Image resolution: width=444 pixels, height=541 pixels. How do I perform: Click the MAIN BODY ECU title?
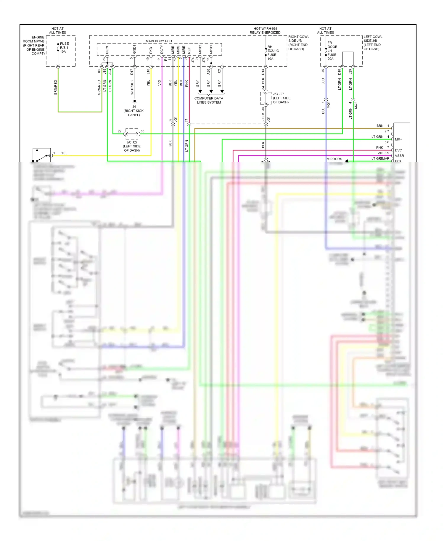159,41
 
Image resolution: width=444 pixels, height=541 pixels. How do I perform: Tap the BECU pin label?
107,49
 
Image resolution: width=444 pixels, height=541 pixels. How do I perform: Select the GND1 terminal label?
134,49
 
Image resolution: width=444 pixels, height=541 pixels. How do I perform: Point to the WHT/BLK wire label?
132,87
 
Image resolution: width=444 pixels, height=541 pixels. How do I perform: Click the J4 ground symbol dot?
134,101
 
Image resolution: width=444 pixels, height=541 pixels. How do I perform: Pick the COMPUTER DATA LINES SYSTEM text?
209,100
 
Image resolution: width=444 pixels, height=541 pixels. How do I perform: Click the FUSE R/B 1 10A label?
64,48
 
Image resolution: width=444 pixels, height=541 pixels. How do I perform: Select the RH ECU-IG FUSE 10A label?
273,53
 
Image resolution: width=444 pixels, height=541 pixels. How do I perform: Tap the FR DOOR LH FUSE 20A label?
332,51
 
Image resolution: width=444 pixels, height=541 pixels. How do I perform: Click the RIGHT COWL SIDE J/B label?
298,43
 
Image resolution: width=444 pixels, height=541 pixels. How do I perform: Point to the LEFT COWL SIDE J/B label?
373,43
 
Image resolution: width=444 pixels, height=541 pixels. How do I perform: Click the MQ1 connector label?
328,105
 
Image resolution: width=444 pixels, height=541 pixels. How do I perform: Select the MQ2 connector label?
356,105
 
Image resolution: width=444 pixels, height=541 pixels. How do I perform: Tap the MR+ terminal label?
398,139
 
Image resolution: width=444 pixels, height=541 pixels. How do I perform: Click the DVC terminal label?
398,150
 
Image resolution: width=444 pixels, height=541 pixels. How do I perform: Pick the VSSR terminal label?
399,156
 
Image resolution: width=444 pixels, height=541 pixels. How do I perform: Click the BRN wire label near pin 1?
380,126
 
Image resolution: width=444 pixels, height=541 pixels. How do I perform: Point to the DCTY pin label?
162,49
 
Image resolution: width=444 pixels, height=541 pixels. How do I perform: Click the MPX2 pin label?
200,49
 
